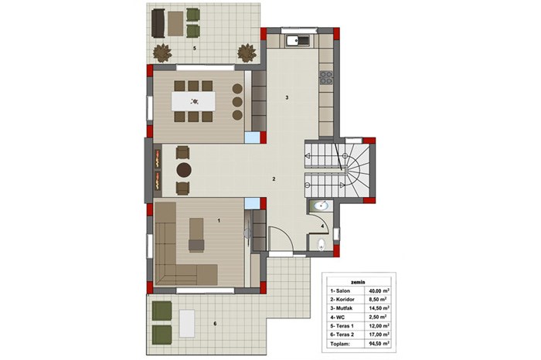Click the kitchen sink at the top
pos(298,41)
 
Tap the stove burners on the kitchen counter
pos(325,78)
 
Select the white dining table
pos(193,101)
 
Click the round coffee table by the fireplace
pos(184,170)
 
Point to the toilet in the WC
pos(322,244)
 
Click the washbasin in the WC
pos(322,205)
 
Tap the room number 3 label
pos(287,97)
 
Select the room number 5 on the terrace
pos(195,49)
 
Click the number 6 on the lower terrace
pos(215,324)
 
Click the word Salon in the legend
pos(342,291)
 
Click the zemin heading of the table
pos(359,282)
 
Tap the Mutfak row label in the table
pos(344,308)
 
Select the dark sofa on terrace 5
pos(158,23)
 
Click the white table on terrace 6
pos(187,324)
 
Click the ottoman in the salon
pos(196,245)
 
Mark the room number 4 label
pos(322,226)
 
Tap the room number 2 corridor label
pos(274,179)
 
